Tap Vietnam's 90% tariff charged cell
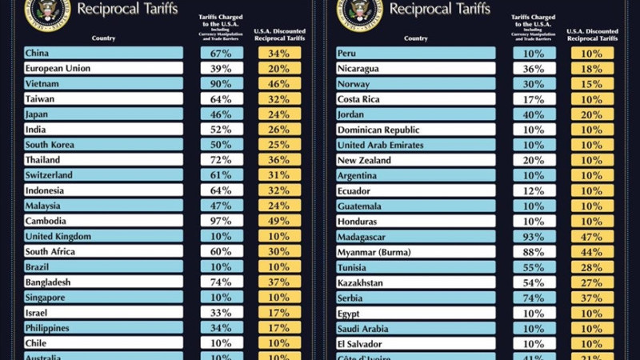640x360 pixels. coord(222,83)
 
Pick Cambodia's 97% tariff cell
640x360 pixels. coord(222,221)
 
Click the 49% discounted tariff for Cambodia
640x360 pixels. coord(279,221)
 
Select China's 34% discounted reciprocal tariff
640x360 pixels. coord(279,53)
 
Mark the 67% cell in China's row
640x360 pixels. coord(222,53)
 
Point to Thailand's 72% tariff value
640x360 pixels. coord(222,160)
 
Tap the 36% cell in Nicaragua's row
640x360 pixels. coord(534,68)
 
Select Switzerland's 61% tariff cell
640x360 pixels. coord(222,175)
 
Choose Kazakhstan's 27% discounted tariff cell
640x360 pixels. coord(592,282)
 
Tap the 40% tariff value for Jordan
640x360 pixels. coord(534,114)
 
